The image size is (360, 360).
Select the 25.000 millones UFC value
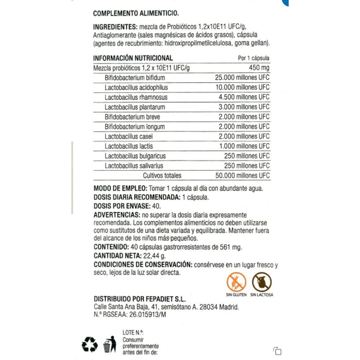(x=242, y=78)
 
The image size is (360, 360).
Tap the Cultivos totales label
(x=162, y=175)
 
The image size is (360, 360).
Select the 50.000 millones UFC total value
(x=242, y=175)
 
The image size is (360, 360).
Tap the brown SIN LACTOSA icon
(x=261, y=282)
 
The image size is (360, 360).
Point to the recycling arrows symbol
(x=90, y=345)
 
